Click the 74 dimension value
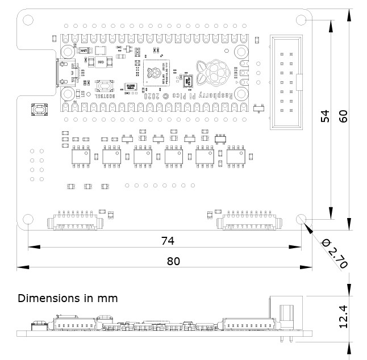click(x=167, y=240)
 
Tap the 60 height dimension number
click(x=343, y=116)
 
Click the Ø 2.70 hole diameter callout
click(x=335, y=253)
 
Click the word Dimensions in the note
click(x=47, y=298)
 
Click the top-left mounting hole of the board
click(x=27, y=20)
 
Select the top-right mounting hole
click(x=302, y=20)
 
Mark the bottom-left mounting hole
click(x=27, y=220)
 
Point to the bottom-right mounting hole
click(x=302, y=220)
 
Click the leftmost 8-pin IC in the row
click(x=80, y=154)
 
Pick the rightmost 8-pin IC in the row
click(x=235, y=154)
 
